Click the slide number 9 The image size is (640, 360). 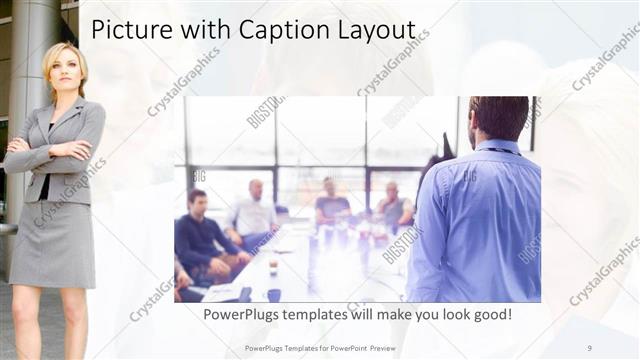click(589, 347)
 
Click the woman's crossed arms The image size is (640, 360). click(50, 154)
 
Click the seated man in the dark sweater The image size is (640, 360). click(200, 235)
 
